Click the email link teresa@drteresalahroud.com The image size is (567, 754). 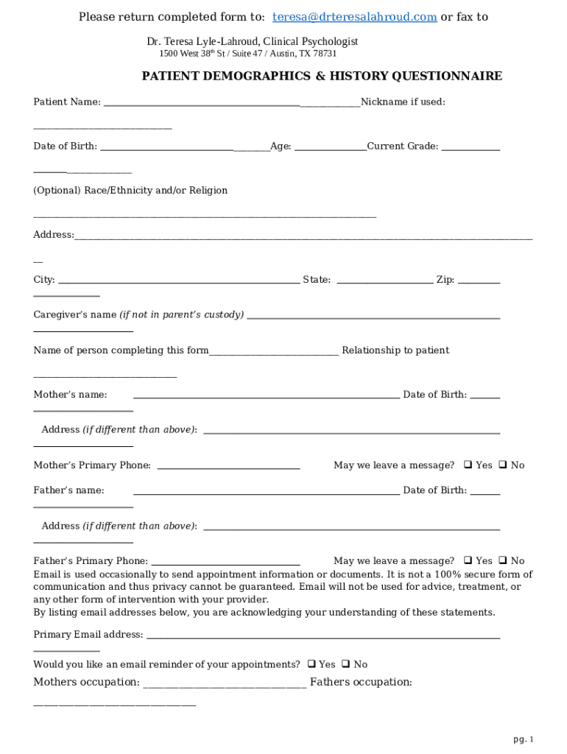point(355,17)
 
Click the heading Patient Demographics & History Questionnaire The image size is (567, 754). point(322,76)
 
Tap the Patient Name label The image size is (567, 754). point(67,102)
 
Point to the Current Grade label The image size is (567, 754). point(403,146)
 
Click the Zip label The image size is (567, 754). point(445,280)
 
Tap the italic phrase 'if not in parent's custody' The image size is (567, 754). point(182,314)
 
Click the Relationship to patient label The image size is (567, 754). point(395,350)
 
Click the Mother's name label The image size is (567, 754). point(70,395)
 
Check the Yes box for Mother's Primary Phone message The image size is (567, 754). point(468,465)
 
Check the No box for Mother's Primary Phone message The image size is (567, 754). point(503,465)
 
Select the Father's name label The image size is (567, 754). point(68,490)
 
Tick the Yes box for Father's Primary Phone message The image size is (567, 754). point(468,560)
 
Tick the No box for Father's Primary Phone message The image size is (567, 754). point(503,560)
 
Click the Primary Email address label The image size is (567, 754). point(88,634)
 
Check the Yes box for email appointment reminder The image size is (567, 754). point(311,663)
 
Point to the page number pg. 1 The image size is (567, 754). point(523,739)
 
